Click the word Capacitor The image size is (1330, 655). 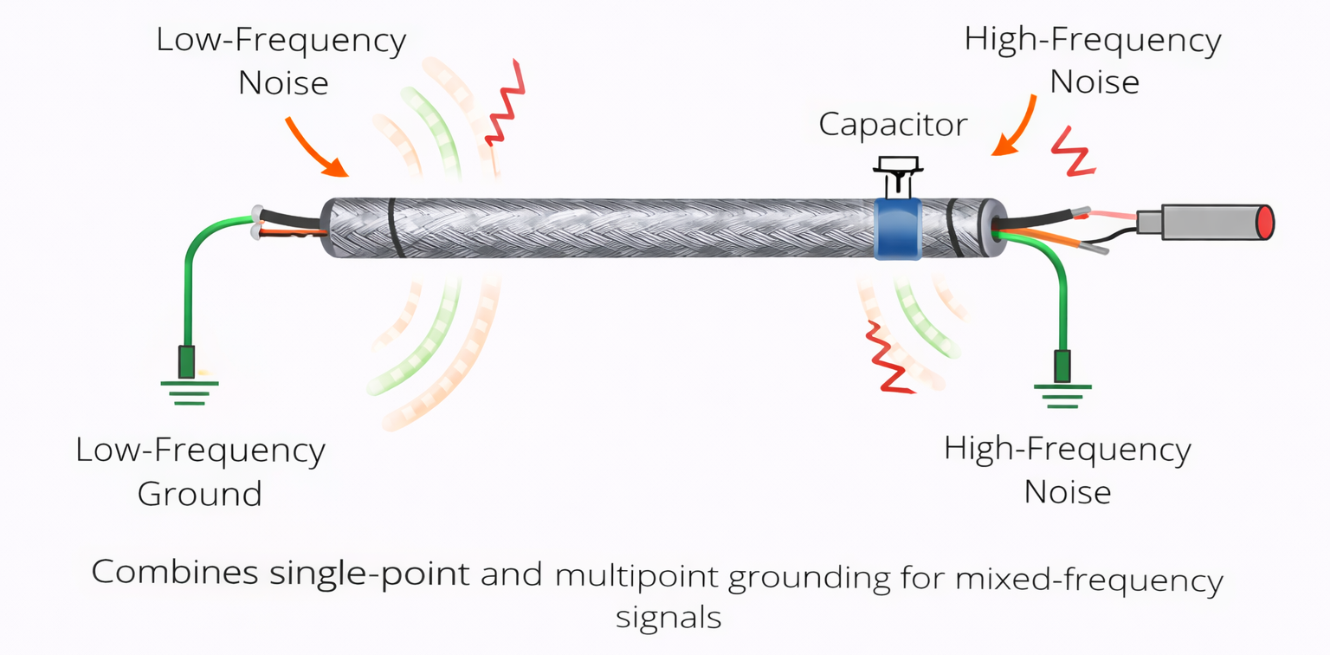893,124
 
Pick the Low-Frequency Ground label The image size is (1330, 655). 200,471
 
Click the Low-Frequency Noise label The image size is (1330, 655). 281,62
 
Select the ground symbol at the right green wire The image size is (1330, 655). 1062,392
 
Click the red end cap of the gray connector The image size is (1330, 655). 1266,222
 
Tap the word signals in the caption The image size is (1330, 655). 668,618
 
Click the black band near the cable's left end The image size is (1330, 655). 392,227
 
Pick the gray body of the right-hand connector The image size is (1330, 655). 1204,222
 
